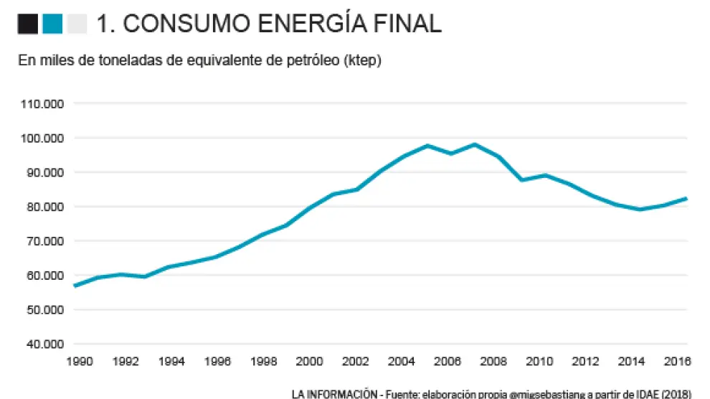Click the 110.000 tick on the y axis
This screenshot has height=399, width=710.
pyautogui.click(x=44, y=103)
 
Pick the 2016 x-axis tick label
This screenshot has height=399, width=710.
pyautogui.click(x=677, y=361)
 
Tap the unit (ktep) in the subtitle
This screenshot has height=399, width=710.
pyautogui.click(x=362, y=61)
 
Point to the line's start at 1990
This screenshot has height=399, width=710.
pyautogui.click(x=75, y=286)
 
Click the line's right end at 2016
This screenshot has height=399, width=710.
pyautogui.click(x=686, y=198)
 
